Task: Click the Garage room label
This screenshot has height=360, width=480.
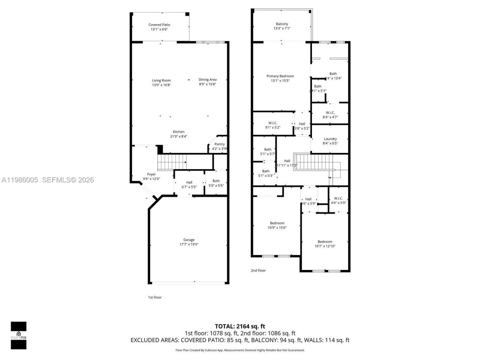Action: (189, 240)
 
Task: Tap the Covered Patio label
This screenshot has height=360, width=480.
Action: (159, 25)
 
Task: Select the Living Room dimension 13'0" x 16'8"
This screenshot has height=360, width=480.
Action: (161, 85)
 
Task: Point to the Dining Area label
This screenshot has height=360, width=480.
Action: (207, 79)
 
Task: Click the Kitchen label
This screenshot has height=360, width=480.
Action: (178, 132)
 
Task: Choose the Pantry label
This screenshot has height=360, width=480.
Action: (219, 144)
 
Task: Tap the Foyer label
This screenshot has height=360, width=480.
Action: (151, 174)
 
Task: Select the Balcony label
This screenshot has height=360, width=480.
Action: (282, 24)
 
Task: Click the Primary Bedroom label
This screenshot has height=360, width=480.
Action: (280, 76)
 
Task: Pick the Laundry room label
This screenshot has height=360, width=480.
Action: (330, 139)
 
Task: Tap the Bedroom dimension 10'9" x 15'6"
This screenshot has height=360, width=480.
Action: (277, 228)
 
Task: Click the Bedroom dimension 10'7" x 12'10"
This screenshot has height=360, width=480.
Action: (325, 246)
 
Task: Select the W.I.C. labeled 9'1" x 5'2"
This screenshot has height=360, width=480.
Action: (273, 125)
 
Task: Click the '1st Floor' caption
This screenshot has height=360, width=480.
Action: (154, 297)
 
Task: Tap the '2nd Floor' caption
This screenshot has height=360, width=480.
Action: (258, 270)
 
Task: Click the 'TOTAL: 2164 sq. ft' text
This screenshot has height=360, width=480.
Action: (240, 326)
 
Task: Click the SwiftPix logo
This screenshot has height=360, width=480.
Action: (18, 335)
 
